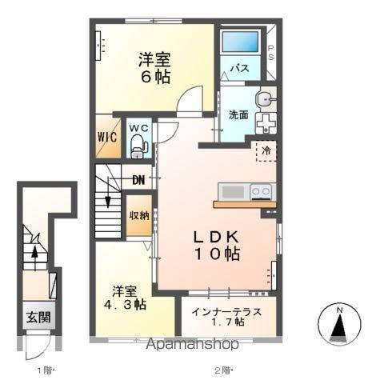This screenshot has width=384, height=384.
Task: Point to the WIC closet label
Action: [x=108, y=136]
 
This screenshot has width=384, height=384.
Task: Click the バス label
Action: [x=239, y=70]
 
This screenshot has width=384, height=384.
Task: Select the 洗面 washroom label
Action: [x=238, y=115]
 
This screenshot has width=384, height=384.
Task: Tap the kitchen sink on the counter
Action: [x=233, y=191]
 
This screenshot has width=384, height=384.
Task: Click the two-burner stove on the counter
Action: [x=261, y=191]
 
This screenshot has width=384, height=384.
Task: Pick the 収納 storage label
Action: [x=138, y=216]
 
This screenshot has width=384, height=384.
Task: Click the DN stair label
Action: [x=138, y=180]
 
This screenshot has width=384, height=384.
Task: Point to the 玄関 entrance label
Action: [x=37, y=317]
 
